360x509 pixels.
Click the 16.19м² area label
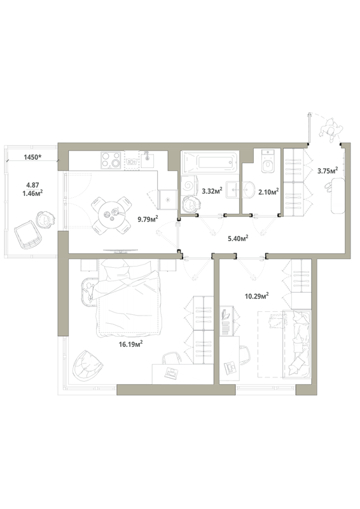pos(131,344)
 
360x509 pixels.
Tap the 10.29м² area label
pos(256,296)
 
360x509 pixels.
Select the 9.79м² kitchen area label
pos(148,219)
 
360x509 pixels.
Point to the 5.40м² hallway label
pos(238,239)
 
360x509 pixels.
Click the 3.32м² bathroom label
pos(212,190)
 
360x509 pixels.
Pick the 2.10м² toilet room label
pos(269,192)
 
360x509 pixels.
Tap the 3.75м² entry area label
pos(328,171)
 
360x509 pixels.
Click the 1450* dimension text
pos(32,157)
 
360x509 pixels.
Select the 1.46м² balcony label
pos(32,193)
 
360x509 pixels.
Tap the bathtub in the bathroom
pos(210,163)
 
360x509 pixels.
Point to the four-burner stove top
pos(111,160)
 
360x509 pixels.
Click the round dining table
pos(112,215)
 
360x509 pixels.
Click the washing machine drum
pos(189,186)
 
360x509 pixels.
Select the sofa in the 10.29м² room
pos(297,344)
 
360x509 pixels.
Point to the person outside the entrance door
pos(331,130)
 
